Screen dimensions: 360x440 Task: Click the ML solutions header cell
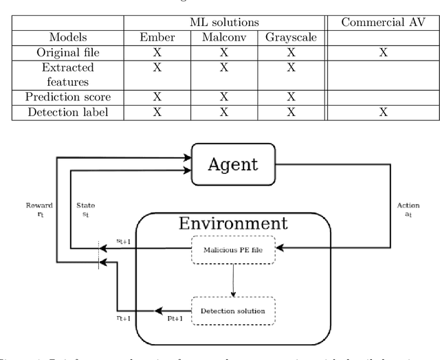(x=221, y=23)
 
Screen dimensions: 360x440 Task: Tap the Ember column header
(x=157, y=38)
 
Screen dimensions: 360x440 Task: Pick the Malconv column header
(x=223, y=38)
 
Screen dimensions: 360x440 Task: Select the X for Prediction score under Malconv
(x=223, y=97)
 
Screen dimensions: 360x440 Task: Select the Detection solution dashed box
(x=233, y=311)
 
